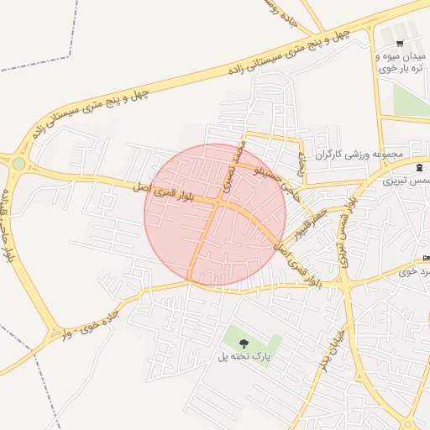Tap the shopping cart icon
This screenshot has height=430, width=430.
click(x=400, y=43)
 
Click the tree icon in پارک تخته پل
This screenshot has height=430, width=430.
click(x=244, y=343)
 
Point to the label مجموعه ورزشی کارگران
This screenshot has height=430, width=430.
click(x=360, y=155)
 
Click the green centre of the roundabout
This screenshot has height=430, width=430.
click(x=18, y=163)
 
